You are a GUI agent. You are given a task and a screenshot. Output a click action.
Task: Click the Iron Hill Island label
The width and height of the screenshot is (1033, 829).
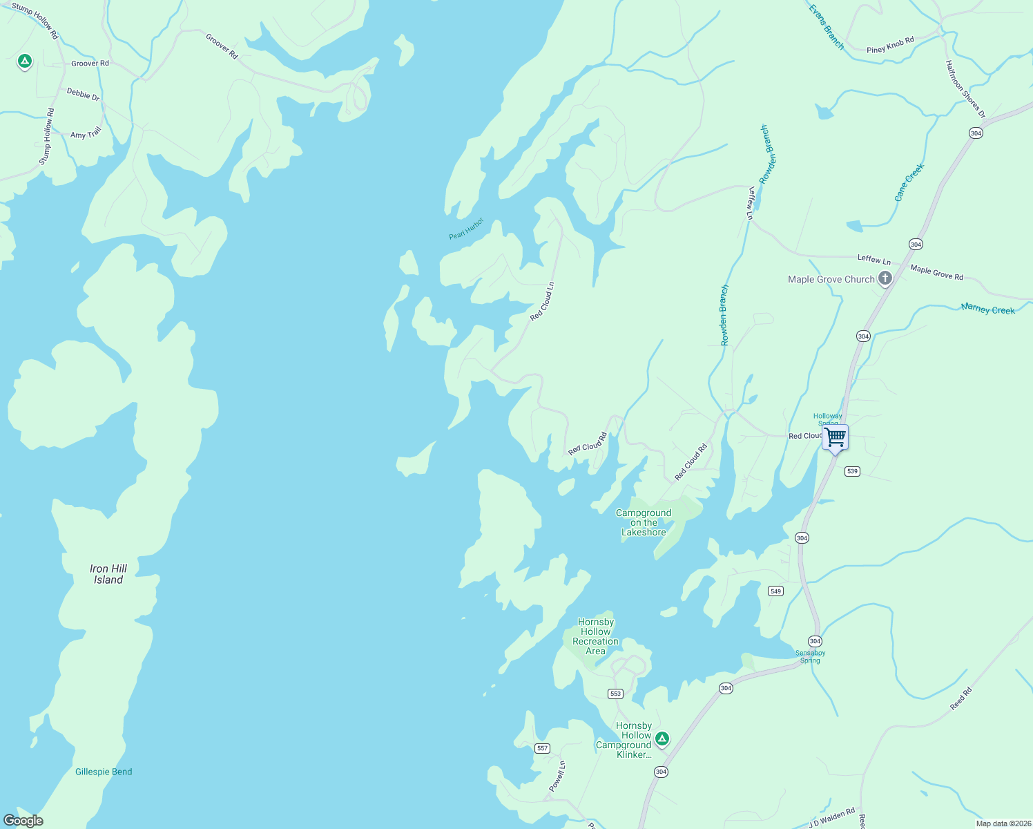click(108, 574)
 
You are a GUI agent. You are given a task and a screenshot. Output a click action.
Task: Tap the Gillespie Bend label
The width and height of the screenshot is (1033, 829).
click(104, 772)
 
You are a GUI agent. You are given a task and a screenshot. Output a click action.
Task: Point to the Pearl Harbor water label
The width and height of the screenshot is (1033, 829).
click(466, 229)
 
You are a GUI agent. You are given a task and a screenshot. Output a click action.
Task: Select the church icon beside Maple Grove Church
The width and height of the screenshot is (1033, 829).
click(885, 278)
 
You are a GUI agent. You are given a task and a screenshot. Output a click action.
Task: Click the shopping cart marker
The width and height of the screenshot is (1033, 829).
click(836, 437)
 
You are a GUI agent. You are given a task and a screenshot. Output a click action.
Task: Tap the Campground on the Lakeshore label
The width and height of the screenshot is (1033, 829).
click(644, 522)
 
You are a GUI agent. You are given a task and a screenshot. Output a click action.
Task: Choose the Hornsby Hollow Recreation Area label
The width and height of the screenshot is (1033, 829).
click(596, 636)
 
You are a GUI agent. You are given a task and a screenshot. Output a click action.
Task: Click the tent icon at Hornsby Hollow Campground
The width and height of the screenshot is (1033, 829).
click(662, 739)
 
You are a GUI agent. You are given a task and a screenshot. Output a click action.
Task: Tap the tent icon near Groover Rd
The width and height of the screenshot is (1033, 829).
click(25, 62)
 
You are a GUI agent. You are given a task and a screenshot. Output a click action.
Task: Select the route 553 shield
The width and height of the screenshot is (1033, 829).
click(615, 694)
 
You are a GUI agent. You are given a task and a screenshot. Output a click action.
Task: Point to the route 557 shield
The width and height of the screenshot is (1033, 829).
click(542, 748)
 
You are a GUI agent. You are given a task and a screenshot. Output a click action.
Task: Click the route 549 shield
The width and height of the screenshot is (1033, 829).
click(776, 591)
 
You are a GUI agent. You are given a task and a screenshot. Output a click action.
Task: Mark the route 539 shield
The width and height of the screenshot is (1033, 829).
click(852, 471)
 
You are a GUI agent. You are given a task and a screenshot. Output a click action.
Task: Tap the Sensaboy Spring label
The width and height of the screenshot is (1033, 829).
click(810, 656)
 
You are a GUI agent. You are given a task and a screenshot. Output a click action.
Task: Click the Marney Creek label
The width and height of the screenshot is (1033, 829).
click(987, 309)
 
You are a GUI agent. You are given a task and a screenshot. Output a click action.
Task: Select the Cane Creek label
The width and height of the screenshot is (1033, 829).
click(909, 182)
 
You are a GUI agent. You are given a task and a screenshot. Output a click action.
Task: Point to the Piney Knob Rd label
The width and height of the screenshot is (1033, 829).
click(890, 45)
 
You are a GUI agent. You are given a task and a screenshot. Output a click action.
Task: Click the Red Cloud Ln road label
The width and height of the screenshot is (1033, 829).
click(542, 301)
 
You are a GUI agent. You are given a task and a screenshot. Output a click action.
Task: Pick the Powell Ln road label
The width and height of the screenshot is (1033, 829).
click(557, 776)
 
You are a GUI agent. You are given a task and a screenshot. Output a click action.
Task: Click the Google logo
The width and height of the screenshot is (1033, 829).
click(23, 820)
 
